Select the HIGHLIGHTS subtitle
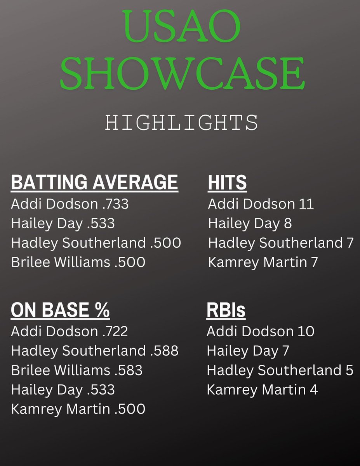coord(181,123)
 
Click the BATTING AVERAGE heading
coord(94,183)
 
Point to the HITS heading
coord(227,183)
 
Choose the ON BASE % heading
coord(60,310)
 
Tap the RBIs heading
coord(226,310)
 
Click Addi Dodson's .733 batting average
coord(115,204)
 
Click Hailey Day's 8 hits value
coord(287,223)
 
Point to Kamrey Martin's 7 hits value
coord(313,262)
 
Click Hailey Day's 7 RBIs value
coord(285,351)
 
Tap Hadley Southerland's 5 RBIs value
coord(349,370)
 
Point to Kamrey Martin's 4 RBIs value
coord(313,389)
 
